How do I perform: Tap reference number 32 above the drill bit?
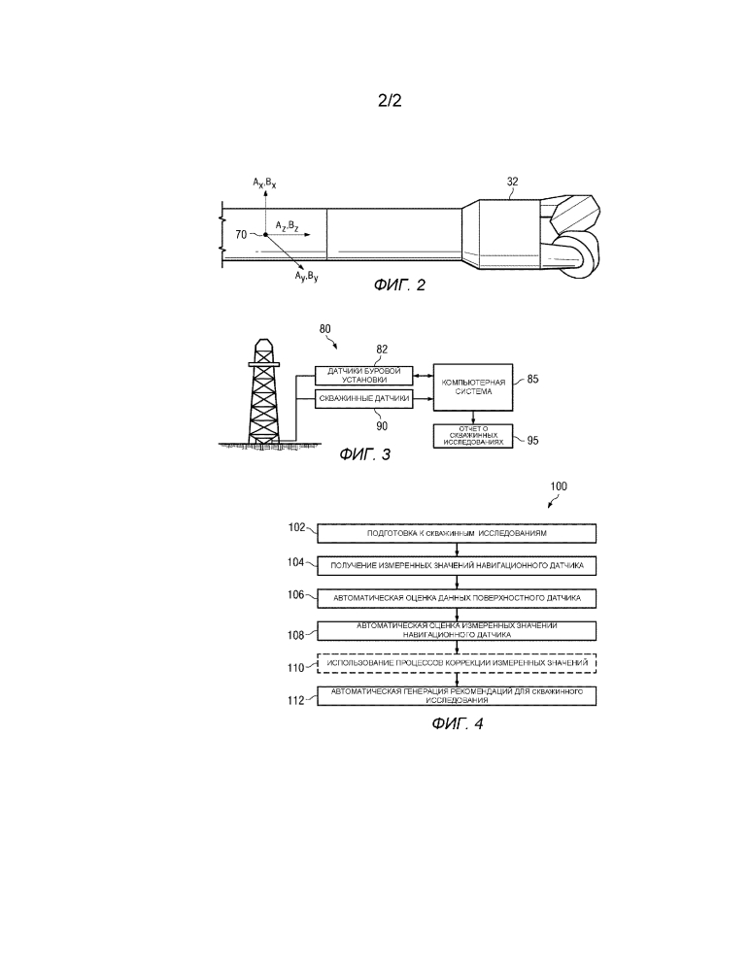click(513, 181)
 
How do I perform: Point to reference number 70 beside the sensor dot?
click(242, 234)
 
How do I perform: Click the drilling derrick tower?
click(261, 393)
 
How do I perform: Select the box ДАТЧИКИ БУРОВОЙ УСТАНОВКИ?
click(364, 376)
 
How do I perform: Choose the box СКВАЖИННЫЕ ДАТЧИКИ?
click(364, 399)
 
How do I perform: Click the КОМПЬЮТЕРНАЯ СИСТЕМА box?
click(473, 387)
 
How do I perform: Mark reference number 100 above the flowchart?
click(560, 485)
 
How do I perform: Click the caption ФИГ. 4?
click(457, 723)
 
